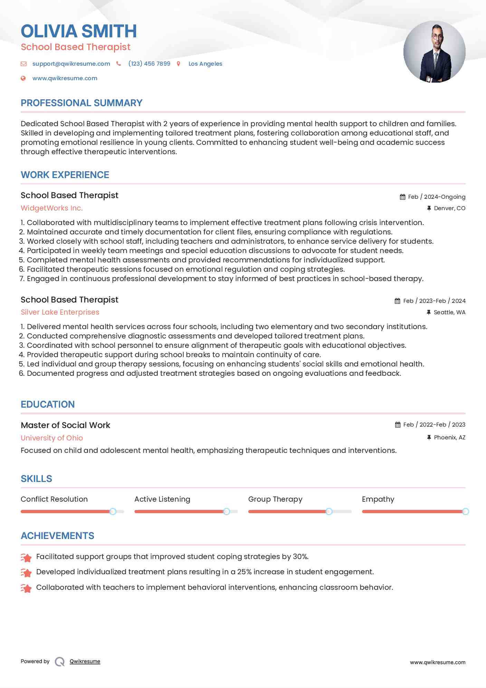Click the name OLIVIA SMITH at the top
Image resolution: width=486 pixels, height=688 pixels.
[79, 31]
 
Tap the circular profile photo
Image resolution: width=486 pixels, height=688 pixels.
[434, 52]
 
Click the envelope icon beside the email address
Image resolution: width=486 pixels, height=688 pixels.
[23, 64]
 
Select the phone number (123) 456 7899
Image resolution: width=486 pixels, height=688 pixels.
[149, 64]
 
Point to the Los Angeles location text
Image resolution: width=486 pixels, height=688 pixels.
[205, 64]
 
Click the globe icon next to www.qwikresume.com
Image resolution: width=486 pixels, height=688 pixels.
[23, 78]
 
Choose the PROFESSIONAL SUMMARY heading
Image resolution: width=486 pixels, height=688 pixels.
[82, 103]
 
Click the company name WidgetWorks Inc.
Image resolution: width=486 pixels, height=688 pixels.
[52, 208]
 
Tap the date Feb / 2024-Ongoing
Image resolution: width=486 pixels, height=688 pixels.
[437, 197]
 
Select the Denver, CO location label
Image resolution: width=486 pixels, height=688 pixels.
[449, 208]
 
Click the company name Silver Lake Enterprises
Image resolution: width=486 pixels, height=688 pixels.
[60, 312]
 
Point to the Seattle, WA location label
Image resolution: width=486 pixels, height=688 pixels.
[449, 313]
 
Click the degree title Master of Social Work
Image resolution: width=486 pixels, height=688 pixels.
[66, 425]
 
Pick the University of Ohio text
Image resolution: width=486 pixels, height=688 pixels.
[52, 438]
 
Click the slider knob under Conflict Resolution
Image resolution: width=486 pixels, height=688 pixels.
[113, 512]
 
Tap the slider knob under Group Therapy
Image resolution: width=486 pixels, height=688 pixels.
[329, 512]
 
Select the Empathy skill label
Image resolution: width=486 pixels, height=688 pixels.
[378, 499]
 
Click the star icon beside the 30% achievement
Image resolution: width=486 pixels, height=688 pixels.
[26, 557]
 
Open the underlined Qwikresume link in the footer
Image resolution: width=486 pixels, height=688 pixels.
[85, 661]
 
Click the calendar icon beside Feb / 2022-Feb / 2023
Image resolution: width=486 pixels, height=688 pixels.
[398, 425]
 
